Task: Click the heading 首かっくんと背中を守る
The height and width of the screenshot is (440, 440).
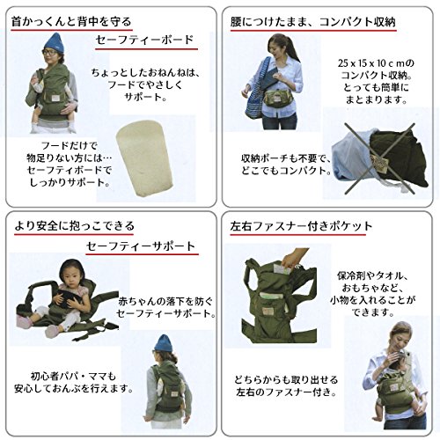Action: (71, 22)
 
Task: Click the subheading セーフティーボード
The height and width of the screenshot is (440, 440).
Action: (144, 40)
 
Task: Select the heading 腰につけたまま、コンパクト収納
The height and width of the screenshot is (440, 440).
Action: (313, 22)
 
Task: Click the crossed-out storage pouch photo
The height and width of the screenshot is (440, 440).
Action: (380, 158)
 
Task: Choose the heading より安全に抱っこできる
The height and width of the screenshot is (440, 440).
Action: (74, 226)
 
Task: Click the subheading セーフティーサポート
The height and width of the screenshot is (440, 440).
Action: (141, 246)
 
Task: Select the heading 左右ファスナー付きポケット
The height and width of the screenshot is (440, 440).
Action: (301, 226)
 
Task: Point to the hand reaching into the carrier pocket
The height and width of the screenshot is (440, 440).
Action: (293, 258)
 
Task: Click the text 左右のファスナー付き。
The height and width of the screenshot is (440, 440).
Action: (287, 392)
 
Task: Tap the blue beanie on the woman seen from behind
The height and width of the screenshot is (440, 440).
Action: (162, 343)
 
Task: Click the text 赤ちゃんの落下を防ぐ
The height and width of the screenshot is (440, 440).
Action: (165, 301)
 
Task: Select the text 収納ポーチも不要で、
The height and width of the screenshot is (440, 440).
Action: (285, 158)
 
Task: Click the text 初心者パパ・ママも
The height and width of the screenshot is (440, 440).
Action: (73, 376)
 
